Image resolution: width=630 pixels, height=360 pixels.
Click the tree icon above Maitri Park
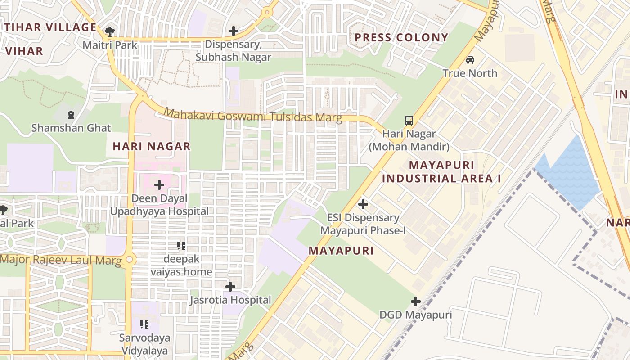109,31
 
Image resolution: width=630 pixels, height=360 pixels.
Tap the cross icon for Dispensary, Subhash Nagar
233,31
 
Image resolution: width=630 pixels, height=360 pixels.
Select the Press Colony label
401,37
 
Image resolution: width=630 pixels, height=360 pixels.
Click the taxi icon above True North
470,60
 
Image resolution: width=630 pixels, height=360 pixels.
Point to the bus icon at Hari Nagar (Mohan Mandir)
409,121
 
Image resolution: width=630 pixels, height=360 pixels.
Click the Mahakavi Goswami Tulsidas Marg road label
253,115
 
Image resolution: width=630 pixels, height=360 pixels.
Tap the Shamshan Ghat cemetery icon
71,115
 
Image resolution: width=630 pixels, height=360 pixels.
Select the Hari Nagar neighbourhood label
152,146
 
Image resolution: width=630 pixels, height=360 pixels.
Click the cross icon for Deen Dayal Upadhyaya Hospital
159,185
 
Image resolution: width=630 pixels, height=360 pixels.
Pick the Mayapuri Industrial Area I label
441,172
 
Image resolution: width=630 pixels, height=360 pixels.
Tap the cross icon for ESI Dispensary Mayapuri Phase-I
363,204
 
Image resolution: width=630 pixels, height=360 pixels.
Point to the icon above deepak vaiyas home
181,246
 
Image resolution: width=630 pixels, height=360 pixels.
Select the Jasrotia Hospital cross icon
230,287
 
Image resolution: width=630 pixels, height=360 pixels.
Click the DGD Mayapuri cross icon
416,301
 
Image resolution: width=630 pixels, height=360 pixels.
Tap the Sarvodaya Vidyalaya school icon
144,324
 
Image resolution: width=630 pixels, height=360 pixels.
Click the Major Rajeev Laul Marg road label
61,260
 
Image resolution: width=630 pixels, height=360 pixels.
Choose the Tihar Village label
51,27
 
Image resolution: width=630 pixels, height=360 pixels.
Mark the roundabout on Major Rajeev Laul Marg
130,260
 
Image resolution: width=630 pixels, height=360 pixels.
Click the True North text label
470,73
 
